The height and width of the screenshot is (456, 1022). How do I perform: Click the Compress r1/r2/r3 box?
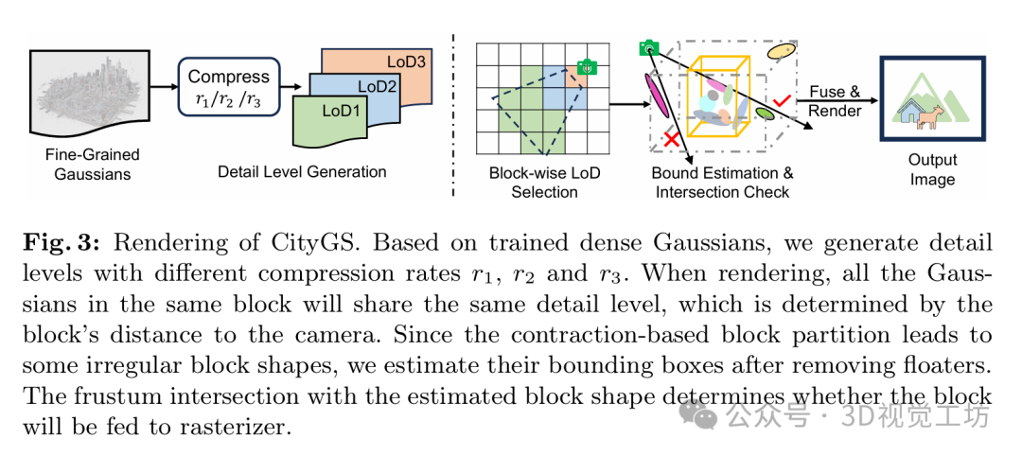(x=228, y=87)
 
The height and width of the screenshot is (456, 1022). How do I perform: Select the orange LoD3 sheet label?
(x=405, y=62)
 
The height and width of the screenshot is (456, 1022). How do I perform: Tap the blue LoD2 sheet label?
(x=377, y=87)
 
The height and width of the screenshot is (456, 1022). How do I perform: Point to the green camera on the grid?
(x=587, y=67)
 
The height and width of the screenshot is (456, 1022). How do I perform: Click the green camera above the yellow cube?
(x=648, y=47)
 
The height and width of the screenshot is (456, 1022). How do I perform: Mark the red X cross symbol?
(x=671, y=140)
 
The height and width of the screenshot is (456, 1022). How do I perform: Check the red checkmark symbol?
(x=783, y=98)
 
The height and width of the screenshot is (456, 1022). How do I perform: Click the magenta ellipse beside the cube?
(x=653, y=95)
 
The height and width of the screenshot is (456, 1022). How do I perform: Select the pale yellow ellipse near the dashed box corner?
(x=783, y=51)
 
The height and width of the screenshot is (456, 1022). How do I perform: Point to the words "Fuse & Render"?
(x=835, y=101)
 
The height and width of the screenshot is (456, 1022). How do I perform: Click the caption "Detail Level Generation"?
(x=302, y=172)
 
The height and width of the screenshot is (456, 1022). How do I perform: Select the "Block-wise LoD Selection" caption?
(x=544, y=183)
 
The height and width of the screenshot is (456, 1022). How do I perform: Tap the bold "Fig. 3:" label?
(x=59, y=243)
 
